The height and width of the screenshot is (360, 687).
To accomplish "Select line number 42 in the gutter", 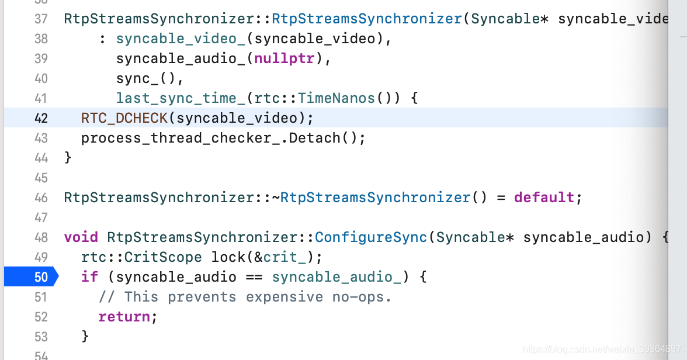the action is [x=40, y=118].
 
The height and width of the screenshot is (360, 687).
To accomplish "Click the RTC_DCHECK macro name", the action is [x=124, y=118].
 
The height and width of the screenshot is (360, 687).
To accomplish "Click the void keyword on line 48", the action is [x=81, y=237].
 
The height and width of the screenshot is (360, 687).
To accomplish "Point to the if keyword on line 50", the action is [x=89, y=276].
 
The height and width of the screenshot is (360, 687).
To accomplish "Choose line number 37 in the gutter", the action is [x=40, y=19].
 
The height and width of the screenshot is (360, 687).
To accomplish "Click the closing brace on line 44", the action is [x=68, y=158].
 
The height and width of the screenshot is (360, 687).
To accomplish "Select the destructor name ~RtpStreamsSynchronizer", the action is [x=372, y=198].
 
